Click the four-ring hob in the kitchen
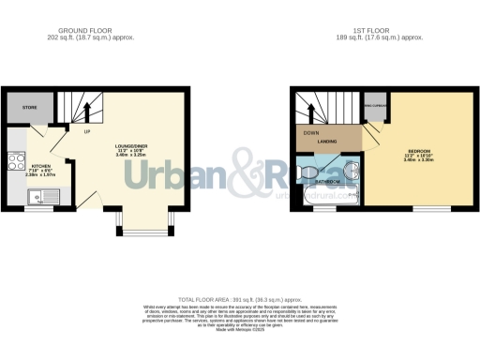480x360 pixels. (x=16, y=162)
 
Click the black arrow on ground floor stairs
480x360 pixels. (x=86, y=110)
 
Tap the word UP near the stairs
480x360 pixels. (x=86, y=130)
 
